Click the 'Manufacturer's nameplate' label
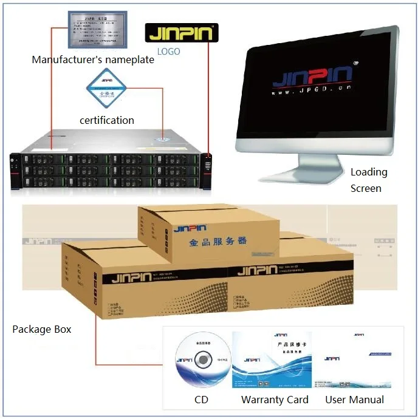(92, 60)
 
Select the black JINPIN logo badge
(181, 32)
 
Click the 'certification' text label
(107, 120)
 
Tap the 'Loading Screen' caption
(368, 180)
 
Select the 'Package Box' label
(42, 329)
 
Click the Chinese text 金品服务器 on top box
(218, 242)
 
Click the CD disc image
(202, 361)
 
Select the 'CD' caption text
(201, 400)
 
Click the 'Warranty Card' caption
(275, 400)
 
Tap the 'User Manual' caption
(354, 400)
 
